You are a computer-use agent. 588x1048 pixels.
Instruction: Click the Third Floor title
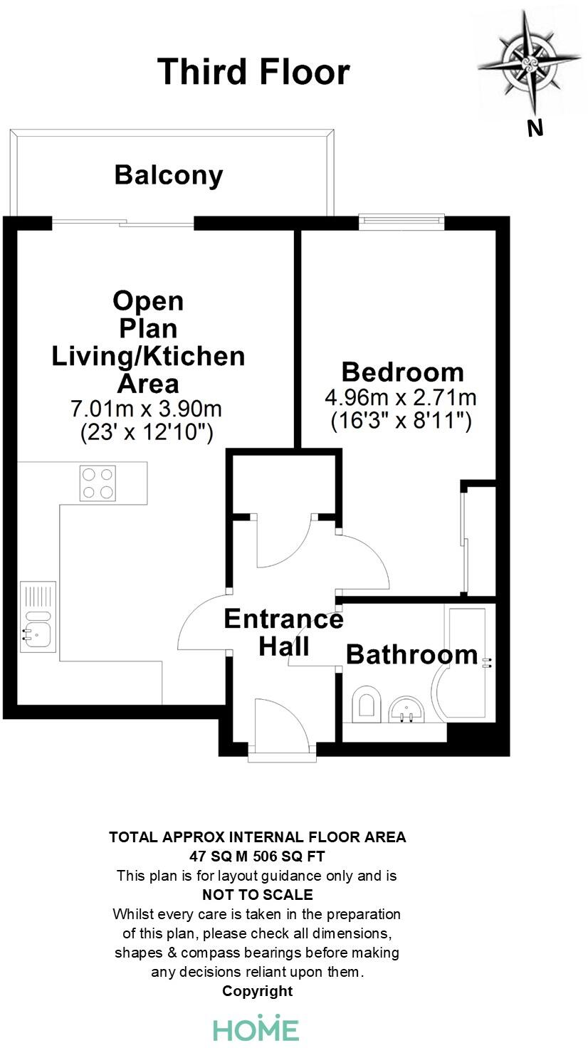pyautogui.click(x=253, y=72)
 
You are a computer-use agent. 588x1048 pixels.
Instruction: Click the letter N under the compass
pyautogui.click(x=535, y=128)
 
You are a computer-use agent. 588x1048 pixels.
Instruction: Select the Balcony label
pyautogui.click(x=169, y=175)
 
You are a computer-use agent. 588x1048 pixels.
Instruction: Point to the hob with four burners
pyautogui.click(x=98, y=483)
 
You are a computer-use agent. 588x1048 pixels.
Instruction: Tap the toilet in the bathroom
pyautogui.click(x=366, y=703)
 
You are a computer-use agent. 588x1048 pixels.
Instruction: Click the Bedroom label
pyautogui.click(x=402, y=372)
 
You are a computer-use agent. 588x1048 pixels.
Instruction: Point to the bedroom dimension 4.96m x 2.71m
pyautogui.click(x=401, y=397)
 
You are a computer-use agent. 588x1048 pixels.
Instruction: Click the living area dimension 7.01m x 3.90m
pyautogui.click(x=147, y=409)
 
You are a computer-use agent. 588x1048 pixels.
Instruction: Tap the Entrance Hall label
pyautogui.click(x=283, y=632)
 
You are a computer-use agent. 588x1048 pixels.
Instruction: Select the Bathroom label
pyautogui.click(x=411, y=654)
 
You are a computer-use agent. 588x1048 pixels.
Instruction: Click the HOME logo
pyautogui.click(x=256, y=1029)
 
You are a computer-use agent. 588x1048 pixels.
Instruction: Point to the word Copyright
pyautogui.click(x=257, y=990)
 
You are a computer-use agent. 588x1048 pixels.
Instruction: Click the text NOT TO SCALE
pyautogui.click(x=257, y=894)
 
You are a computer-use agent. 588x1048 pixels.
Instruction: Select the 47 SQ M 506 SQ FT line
pyautogui.click(x=257, y=856)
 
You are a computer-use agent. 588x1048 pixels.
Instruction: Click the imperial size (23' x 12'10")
pyautogui.click(x=147, y=432)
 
